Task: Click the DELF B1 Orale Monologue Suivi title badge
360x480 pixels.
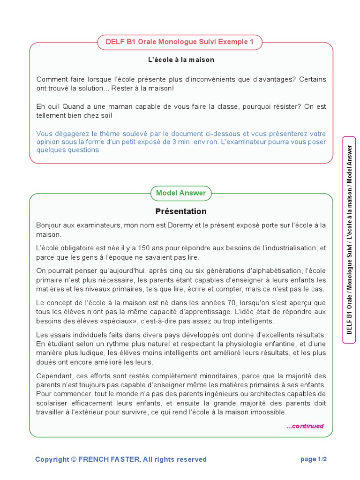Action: click(x=180, y=42)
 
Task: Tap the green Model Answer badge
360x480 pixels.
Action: click(x=181, y=193)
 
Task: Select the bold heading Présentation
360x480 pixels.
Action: click(x=181, y=211)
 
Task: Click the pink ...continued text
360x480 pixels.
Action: click(x=305, y=426)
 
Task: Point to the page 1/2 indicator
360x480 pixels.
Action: click(x=314, y=459)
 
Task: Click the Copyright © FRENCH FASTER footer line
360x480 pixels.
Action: click(x=121, y=459)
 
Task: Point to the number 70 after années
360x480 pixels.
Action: click(x=191, y=303)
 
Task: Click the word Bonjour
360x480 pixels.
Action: click(x=49, y=225)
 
